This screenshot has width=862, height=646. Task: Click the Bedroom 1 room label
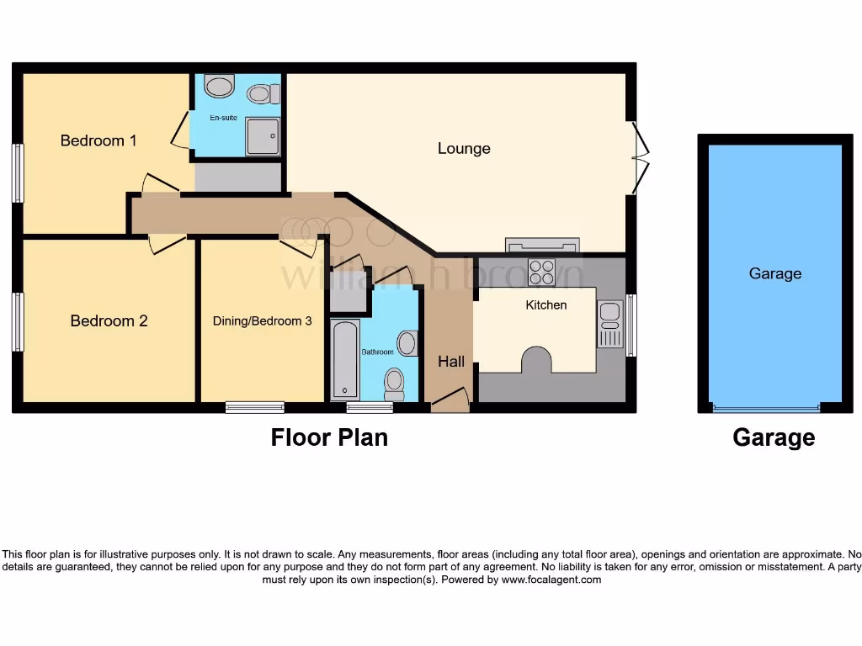click(x=98, y=140)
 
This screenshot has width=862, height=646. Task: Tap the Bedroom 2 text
click(x=109, y=320)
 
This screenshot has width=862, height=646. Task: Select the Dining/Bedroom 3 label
click(x=262, y=320)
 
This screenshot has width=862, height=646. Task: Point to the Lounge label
click(x=464, y=149)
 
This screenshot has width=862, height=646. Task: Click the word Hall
click(x=451, y=362)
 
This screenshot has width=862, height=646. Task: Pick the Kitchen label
click(x=546, y=304)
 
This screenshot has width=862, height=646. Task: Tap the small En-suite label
click(x=223, y=118)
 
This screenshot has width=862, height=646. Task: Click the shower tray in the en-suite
click(x=263, y=136)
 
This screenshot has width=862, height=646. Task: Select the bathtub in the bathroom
click(x=345, y=360)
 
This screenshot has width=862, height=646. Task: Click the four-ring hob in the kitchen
click(x=541, y=273)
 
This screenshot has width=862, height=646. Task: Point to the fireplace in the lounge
click(x=542, y=246)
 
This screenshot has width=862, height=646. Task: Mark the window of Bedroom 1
click(x=17, y=172)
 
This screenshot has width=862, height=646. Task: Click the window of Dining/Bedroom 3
click(x=255, y=407)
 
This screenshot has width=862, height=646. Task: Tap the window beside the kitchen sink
click(x=631, y=325)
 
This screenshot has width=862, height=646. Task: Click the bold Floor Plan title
click(x=329, y=437)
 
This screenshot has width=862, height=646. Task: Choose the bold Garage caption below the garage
click(x=774, y=437)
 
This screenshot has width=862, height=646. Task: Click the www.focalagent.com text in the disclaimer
click(x=551, y=580)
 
